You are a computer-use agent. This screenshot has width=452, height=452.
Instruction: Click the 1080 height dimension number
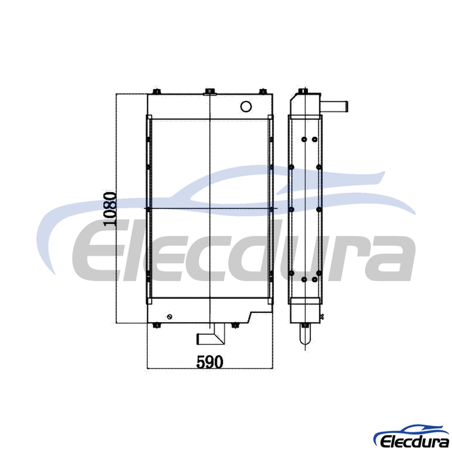110,209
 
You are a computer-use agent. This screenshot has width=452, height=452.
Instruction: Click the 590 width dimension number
210,362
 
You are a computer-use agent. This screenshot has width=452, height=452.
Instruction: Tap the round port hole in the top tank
246,107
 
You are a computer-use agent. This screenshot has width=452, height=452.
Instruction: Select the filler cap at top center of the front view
210,92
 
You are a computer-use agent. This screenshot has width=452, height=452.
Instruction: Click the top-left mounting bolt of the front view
157,91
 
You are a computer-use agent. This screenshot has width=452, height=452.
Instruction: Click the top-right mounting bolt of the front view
263,91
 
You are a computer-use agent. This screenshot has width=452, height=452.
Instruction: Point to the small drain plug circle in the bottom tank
169,317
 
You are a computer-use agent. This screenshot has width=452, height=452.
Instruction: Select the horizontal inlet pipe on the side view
334,107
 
